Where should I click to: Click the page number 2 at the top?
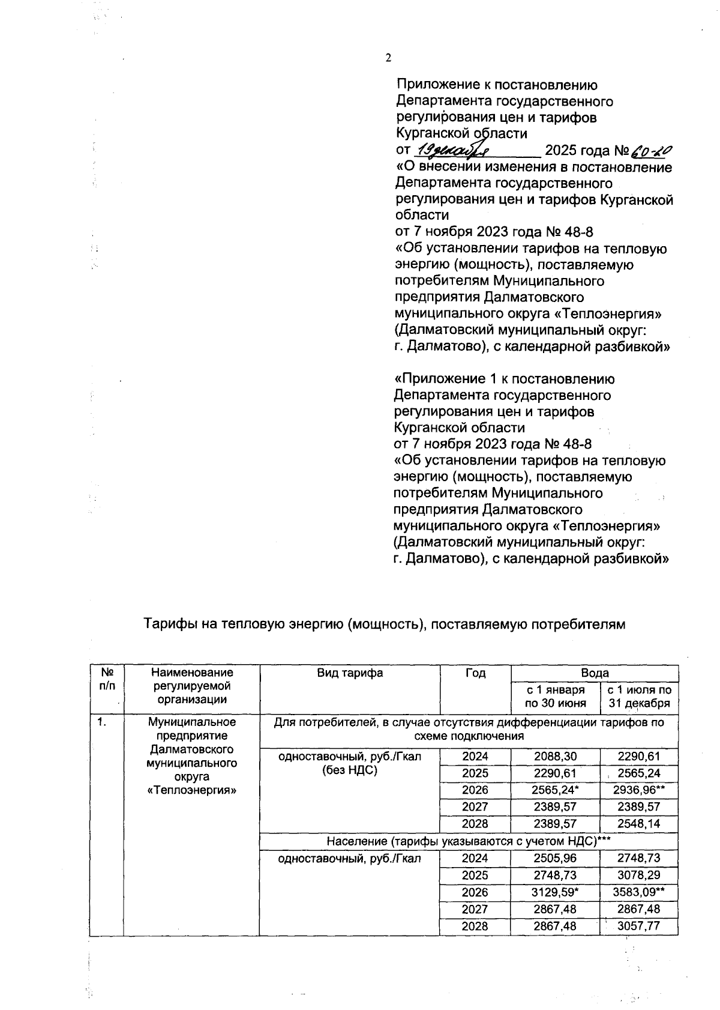(x=388, y=58)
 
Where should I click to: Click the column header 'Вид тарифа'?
(x=350, y=673)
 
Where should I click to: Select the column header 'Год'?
(x=475, y=673)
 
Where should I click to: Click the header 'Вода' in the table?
(x=595, y=673)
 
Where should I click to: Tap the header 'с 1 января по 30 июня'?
(x=555, y=697)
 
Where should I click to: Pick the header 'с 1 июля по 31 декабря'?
(x=640, y=697)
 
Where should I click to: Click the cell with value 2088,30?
(x=555, y=757)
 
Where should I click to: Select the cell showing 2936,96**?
(x=640, y=790)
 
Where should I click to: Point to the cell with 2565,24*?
(x=555, y=790)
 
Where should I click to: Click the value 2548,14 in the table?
(x=640, y=824)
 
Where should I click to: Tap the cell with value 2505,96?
(x=555, y=858)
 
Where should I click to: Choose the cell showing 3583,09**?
(x=640, y=892)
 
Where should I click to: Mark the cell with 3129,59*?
(x=555, y=892)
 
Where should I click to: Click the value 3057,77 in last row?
(x=640, y=926)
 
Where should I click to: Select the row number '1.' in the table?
(x=103, y=722)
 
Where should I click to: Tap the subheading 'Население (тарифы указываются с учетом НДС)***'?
(x=468, y=841)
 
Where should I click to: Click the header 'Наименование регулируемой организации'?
(x=192, y=686)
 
